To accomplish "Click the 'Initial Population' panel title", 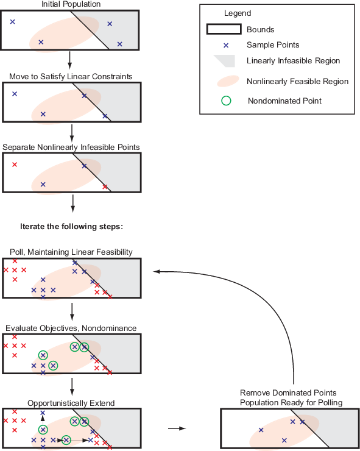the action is [71, 4].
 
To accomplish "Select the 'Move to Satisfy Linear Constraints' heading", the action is [71, 77].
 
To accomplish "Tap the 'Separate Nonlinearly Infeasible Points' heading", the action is [71, 147].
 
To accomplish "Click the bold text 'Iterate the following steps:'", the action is [72, 226].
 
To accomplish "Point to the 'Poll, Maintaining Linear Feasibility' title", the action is [71, 252].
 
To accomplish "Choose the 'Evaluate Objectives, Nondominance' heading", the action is [71, 328].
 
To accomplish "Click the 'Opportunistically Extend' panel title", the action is [71, 403].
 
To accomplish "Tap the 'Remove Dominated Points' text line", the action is [288, 392].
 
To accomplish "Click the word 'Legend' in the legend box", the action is [238, 13].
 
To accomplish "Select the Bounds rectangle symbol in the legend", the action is [224, 29].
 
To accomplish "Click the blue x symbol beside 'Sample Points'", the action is [226, 46].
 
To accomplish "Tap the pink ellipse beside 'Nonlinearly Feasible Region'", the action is [228, 81].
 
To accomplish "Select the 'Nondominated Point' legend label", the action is [284, 101].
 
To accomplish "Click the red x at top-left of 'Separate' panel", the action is [15, 165].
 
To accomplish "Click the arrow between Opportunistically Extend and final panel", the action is [177, 428].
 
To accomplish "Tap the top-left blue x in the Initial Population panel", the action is [12, 21].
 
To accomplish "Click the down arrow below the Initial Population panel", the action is [69, 60].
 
